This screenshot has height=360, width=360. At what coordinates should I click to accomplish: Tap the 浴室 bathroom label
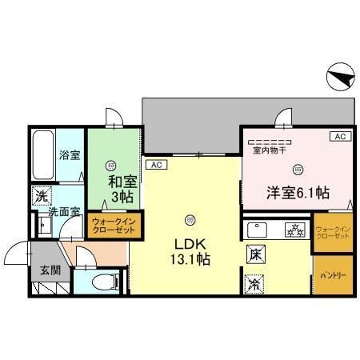(x=70, y=155)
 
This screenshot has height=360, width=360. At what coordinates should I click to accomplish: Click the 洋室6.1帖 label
(x=298, y=192)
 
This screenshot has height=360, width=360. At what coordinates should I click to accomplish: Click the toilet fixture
(x=101, y=281)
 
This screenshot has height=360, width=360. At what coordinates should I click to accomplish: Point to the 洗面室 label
(x=62, y=213)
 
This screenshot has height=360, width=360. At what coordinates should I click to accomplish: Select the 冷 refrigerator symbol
(x=254, y=282)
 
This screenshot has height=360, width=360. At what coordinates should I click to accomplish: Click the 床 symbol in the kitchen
(x=254, y=255)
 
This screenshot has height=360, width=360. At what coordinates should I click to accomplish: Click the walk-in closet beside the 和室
(x=115, y=224)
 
